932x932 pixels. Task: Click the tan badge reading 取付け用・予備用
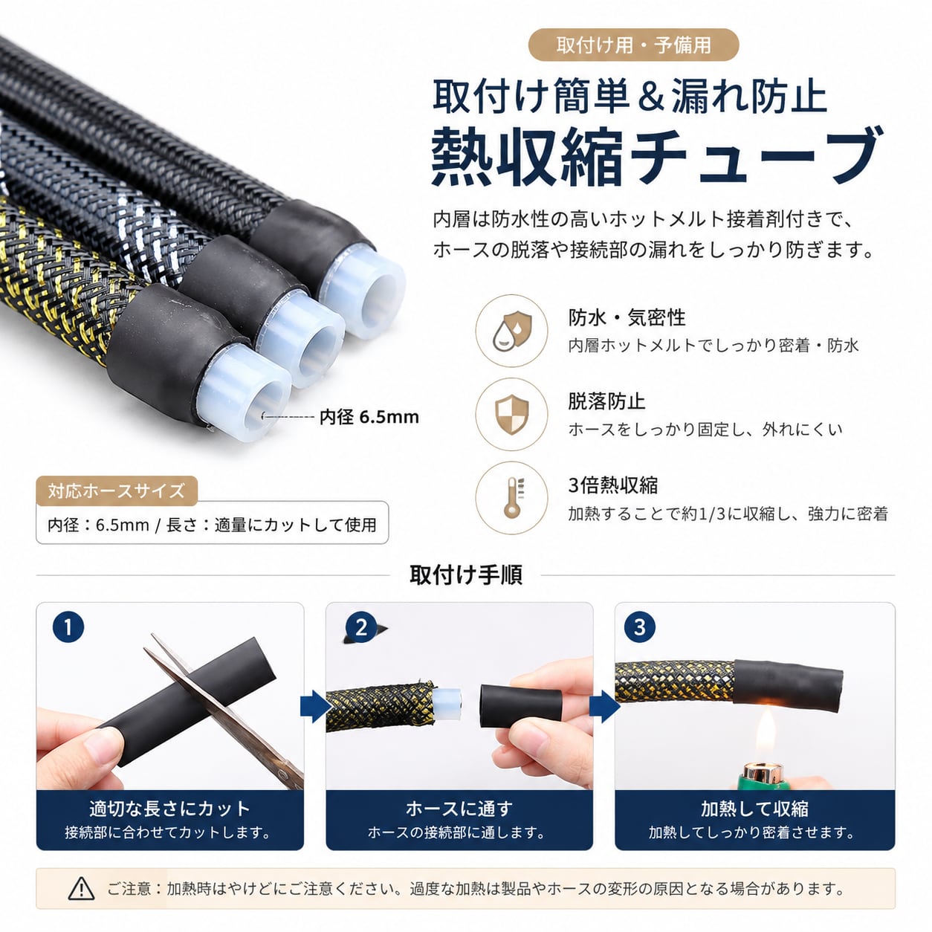pos(633,45)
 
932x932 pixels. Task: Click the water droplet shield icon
pos(511,331)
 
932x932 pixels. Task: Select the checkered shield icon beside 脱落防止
pos(511,415)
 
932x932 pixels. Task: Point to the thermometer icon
pos(511,498)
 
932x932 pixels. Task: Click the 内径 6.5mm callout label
pos(369,417)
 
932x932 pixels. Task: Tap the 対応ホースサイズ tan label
pos(117,491)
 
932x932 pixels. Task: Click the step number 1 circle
pos(68,627)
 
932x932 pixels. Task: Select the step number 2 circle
pos(360,627)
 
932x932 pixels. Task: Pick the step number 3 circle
pos(640,627)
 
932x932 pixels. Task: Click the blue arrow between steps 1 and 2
pos(315,707)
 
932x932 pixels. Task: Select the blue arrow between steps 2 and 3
pos(604,707)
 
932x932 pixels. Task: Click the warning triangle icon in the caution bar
pos(82,888)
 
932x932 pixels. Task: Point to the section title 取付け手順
pos(466,575)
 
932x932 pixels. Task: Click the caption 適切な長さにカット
pos(169,808)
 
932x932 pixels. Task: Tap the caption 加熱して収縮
pos(754,808)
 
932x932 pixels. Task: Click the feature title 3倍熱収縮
pos(613,485)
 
